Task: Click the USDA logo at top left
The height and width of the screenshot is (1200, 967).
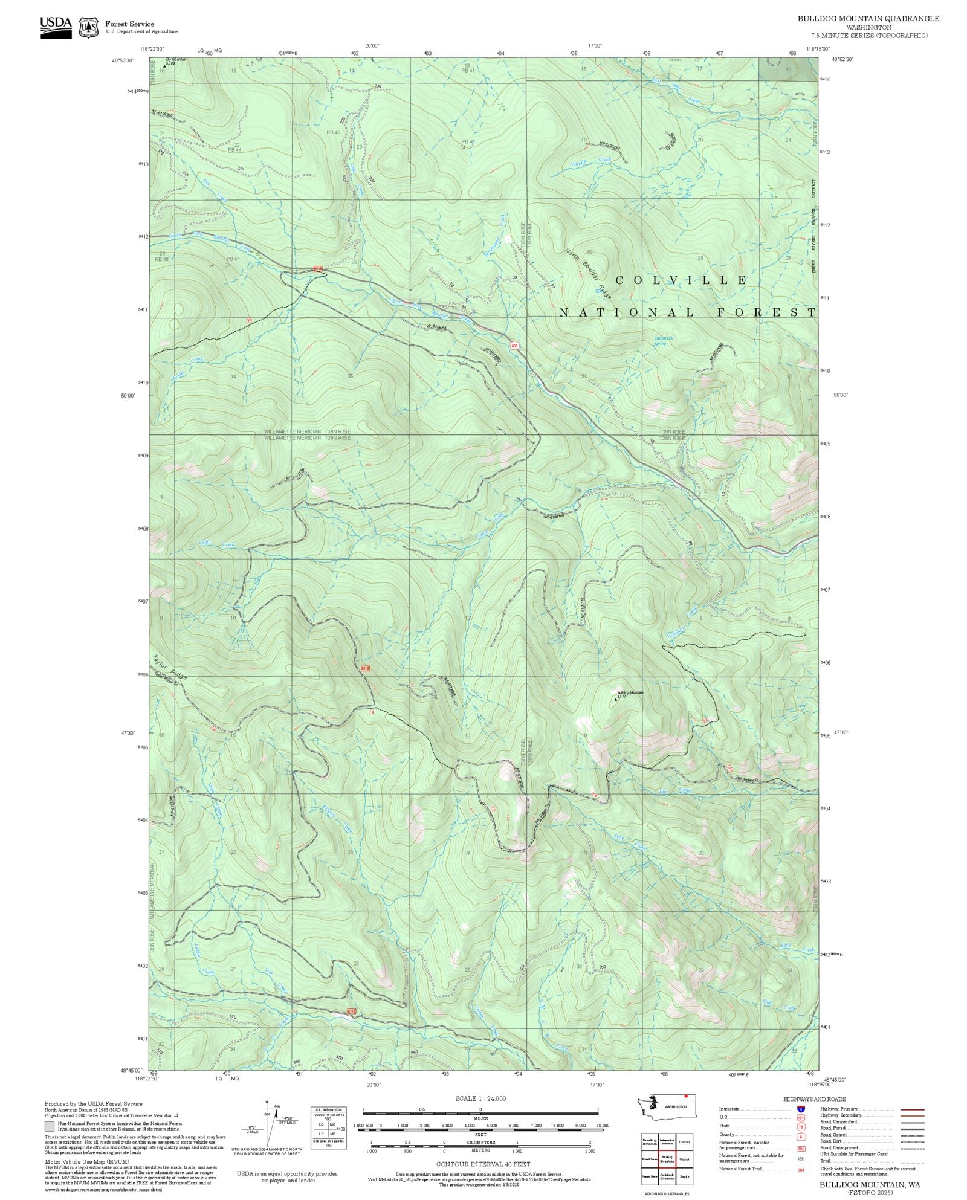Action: coord(56,27)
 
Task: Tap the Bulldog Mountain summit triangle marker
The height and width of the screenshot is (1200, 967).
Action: coord(616,700)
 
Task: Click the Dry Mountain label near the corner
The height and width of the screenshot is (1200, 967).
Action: coord(176,60)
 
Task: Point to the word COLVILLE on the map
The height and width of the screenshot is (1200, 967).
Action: coord(681,280)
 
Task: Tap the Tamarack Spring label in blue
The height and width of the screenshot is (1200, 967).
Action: coord(663,341)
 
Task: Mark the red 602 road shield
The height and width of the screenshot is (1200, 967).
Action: coord(514,346)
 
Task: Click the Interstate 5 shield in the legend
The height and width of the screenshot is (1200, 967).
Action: coord(801,1109)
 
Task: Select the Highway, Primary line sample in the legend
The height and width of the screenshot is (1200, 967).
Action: coord(912,1109)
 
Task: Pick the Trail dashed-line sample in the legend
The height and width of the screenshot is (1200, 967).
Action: coord(912,1161)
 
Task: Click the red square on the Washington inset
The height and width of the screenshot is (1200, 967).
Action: coord(686,1095)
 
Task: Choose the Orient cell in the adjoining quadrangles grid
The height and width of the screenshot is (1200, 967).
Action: coord(684,1159)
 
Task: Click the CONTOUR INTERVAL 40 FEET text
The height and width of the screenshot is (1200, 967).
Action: coord(483,1164)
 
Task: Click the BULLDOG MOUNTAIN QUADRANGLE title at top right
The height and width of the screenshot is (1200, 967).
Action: coord(868,19)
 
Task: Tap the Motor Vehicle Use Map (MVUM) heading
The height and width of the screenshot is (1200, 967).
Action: coord(87,1161)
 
